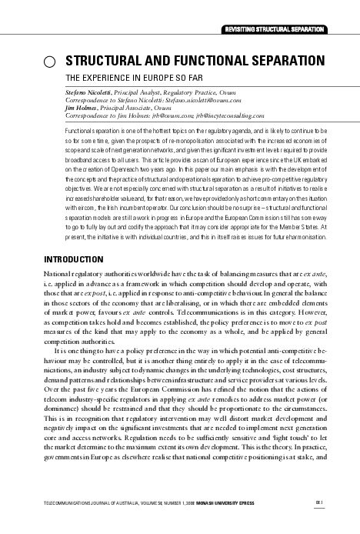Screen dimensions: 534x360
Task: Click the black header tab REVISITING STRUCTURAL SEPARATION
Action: click(273, 29)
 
